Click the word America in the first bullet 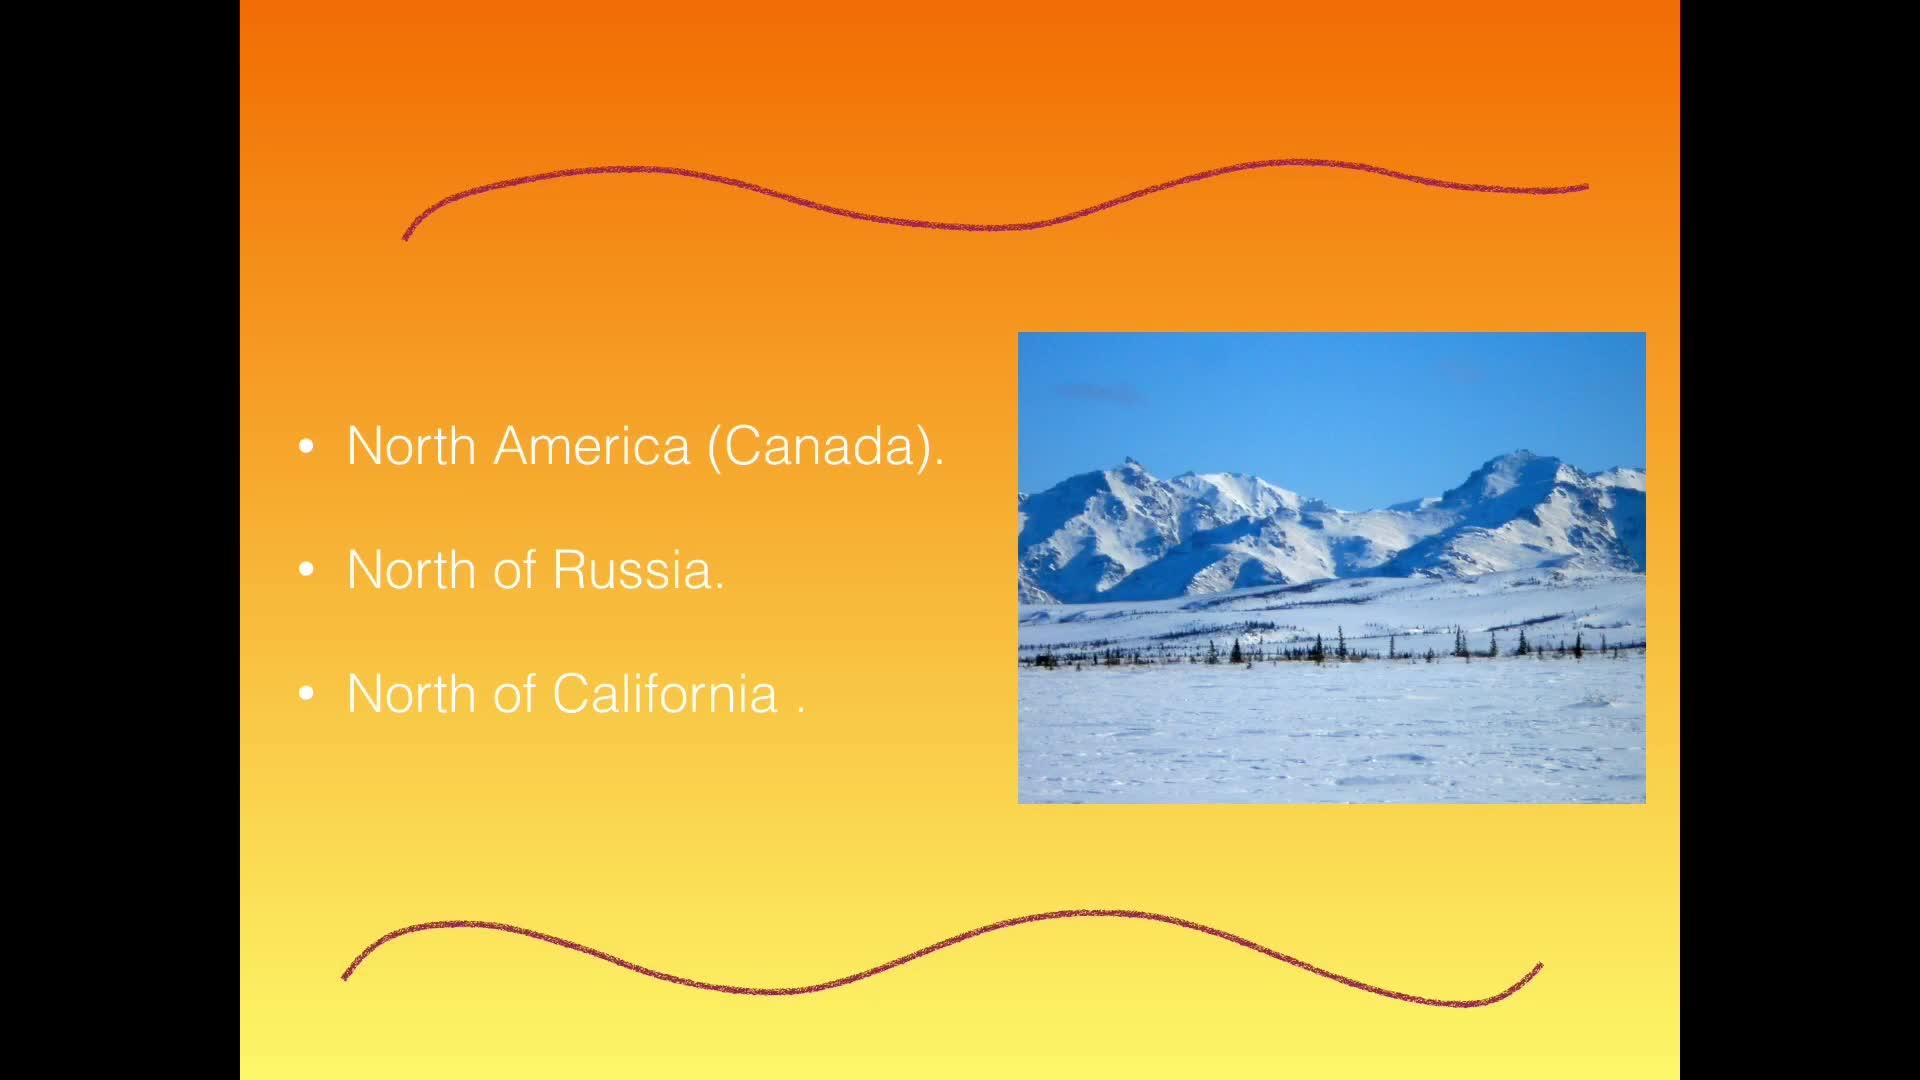point(592,446)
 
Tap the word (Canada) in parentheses point(824,447)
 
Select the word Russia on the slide point(637,570)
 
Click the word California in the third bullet point(665,694)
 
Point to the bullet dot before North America point(307,447)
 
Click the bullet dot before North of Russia point(307,571)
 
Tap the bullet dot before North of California point(307,694)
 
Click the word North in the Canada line point(411,446)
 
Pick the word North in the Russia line point(411,570)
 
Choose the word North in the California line point(411,694)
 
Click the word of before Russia point(514,570)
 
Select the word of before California point(514,694)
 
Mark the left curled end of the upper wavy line point(405,237)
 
